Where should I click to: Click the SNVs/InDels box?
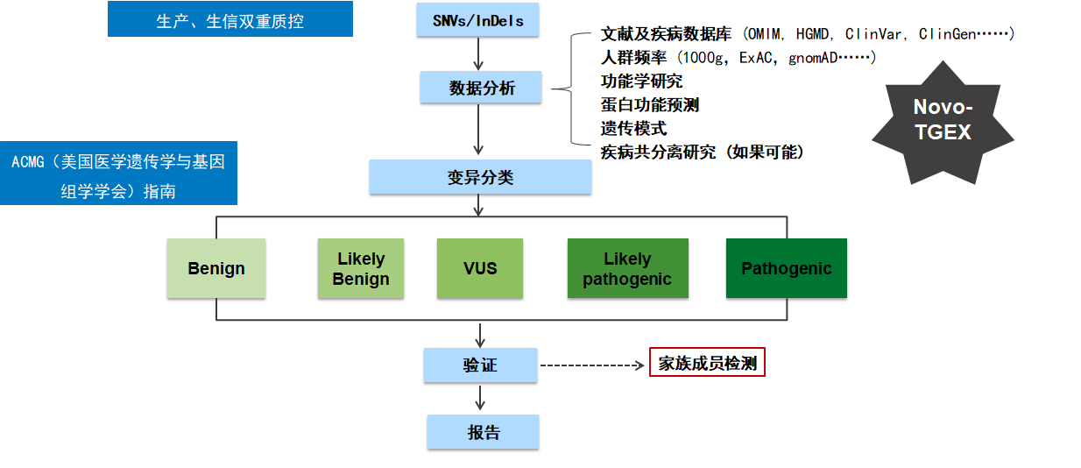tap(479, 18)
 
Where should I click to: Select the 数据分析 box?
tap(481, 88)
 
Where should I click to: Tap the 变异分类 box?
tap(480, 177)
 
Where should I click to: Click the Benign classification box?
tap(216, 268)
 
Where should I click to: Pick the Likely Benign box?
tap(361, 268)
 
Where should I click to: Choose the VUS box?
tap(480, 268)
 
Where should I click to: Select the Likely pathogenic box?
tap(627, 268)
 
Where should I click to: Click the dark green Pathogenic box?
tap(787, 268)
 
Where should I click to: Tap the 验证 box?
tap(480, 365)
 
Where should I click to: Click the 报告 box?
tap(483, 432)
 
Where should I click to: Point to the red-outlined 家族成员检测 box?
tap(707, 363)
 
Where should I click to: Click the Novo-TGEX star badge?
tap(943, 120)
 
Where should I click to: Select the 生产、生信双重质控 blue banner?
tap(230, 19)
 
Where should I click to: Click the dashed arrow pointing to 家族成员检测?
tap(592, 365)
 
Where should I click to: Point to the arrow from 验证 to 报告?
tap(480, 398)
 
